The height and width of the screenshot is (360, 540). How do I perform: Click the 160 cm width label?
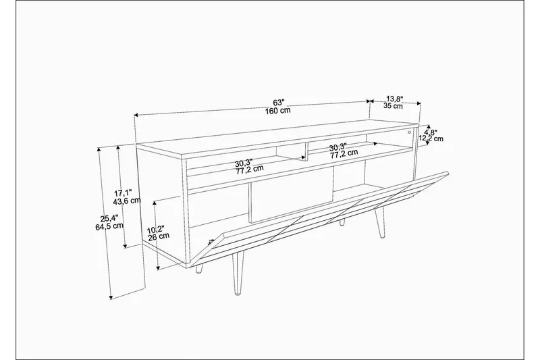pos(279,111)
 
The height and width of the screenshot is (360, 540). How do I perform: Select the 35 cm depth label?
pos(394,106)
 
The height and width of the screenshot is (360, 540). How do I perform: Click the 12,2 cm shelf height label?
pos(431,138)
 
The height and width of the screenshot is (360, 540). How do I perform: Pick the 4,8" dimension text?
pos(431,132)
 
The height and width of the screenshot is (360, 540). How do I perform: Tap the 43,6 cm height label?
pos(126,201)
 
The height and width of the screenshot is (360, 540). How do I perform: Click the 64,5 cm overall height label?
pos(110,226)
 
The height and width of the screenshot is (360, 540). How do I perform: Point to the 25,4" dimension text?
pos(109,217)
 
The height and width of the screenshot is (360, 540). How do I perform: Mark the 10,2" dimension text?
pos(157,228)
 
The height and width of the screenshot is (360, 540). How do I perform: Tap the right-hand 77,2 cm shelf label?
pos(343,155)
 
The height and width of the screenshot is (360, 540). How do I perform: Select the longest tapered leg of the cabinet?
pos(237,274)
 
